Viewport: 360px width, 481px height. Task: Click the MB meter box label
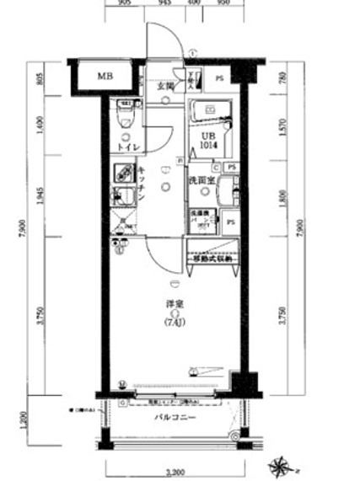pos(104,77)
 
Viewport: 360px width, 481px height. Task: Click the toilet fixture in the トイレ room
pos(125,112)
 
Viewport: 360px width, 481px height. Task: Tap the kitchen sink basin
pos(123,200)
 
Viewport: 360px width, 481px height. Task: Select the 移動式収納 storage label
pos(212,259)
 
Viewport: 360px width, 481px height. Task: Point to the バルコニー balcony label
pos(175,418)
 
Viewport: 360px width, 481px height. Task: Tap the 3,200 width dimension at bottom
pos(175,473)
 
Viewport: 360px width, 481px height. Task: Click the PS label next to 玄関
pos(220,79)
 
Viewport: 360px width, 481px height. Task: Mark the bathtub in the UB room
pos(212,112)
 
